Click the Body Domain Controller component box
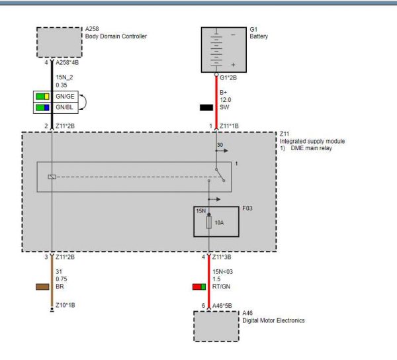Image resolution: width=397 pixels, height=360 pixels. pyautogui.click(x=58, y=42)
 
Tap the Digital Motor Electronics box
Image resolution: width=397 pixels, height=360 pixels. pyautogui.click(x=216, y=325)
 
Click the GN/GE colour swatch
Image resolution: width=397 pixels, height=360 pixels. pyautogui.click(x=43, y=97)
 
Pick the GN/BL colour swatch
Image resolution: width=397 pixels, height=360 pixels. pyautogui.click(x=43, y=107)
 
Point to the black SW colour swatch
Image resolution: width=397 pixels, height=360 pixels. pyautogui.click(x=206, y=107)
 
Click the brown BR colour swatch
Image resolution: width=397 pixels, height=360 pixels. pyautogui.click(x=43, y=287)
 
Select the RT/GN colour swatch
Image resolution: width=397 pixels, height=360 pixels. pyautogui.click(x=198, y=287)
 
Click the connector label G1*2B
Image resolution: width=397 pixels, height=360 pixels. pyautogui.click(x=228, y=77)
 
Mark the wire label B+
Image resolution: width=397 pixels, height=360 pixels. pyautogui.click(x=223, y=92)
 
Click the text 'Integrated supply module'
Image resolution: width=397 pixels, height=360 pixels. pyautogui.click(x=312, y=142)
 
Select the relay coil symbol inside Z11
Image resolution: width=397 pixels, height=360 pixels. pyautogui.click(x=52, y=177)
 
